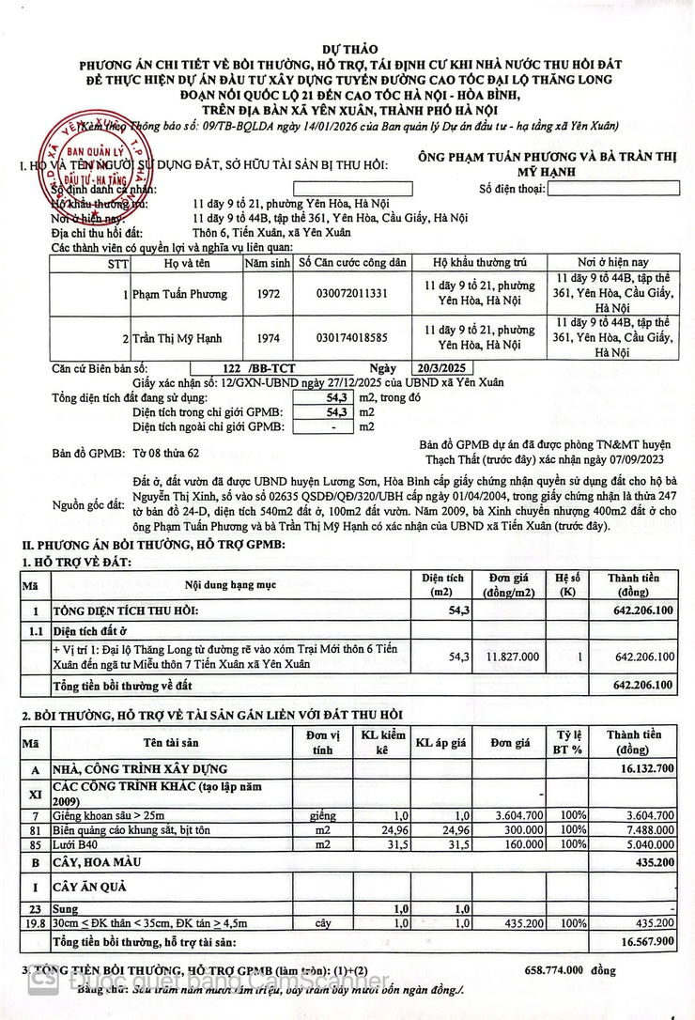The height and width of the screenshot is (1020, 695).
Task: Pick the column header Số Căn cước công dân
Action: click(x=351, y=263)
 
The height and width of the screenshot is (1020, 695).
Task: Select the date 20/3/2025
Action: click(x=443, y=368)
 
